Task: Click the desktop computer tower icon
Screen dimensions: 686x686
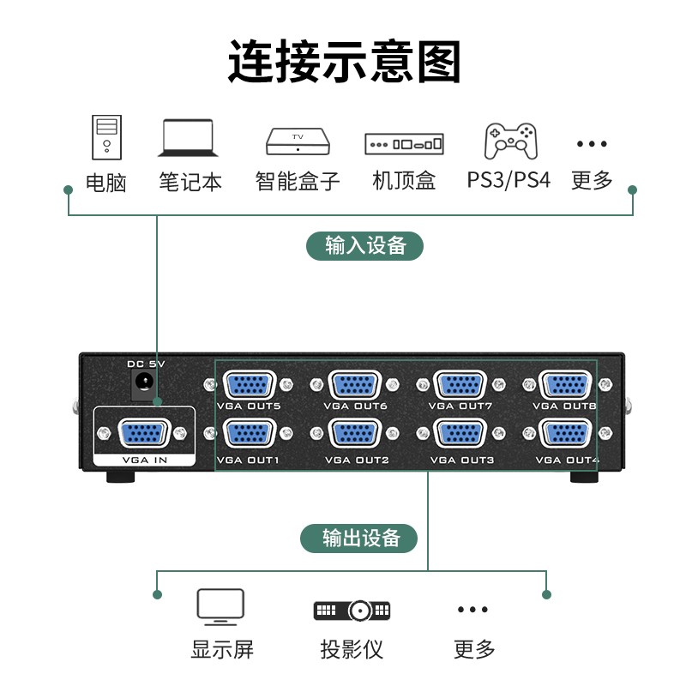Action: pyautogui.click(x=106, y=137)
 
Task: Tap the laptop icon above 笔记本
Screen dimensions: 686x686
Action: pyautogui.click(x=188, y=138)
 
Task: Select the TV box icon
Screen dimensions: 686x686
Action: pyautogui.click(x=298, y=141)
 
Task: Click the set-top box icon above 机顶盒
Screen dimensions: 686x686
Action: pyautogui.click(x=404, y=144)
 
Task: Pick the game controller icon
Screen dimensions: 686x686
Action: pyautogui.click(x=510, y=141)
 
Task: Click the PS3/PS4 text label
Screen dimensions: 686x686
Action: pyautogui.click(x=508, y=180)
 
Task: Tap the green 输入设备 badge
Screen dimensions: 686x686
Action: pyautogui.click(x=365, y=246)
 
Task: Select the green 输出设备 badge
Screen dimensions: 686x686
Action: pyautogui.click(x=358, y=539)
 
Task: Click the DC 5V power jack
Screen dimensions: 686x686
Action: pyautogui.click(x=143, y=382)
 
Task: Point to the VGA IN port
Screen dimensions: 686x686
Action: pyautogui.click(x=143, y=434)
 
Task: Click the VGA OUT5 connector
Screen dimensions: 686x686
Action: pyautogui.click(x=250, y=385)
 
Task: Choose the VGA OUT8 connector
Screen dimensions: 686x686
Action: pyautogui.click(x=567, y=385)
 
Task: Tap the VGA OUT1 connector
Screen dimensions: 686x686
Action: pyautogui.click(x=250, y=434)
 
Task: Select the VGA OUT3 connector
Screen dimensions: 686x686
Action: pyautogui.click(x=460, y=434)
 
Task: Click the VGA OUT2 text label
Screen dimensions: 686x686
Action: pyautogui.click(x=357, y=460)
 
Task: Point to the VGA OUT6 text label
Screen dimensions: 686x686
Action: pyautogui.click(x=356, y=406)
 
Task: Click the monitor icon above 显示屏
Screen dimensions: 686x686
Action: pyautogui.click(x=220, y=607)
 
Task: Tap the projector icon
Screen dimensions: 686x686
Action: pyautogui.click(x=352, y=611)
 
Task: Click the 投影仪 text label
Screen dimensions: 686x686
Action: pyautogui.click(x=352, y=649)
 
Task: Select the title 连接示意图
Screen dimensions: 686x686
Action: pyautogui.click(x=345, y=61)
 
